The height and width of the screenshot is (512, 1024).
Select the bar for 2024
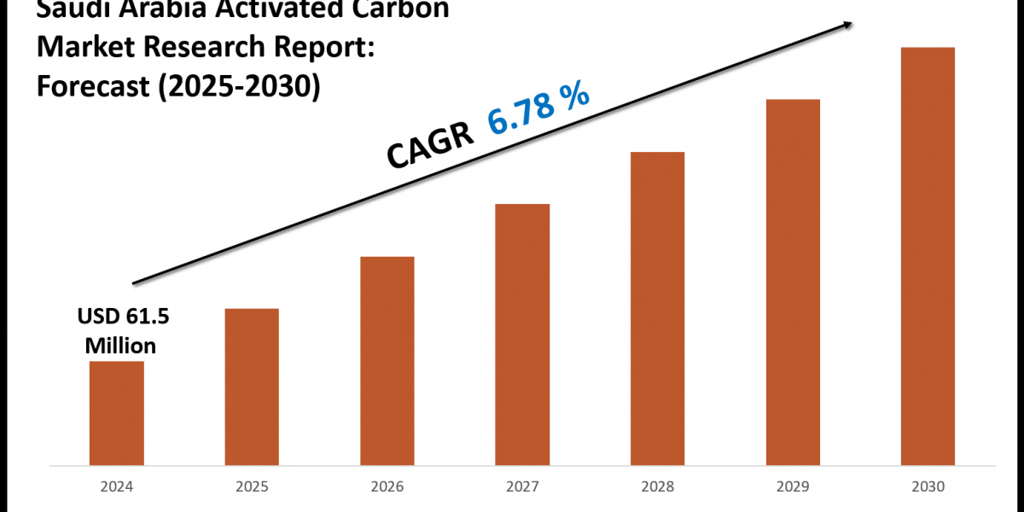tap(116, 413)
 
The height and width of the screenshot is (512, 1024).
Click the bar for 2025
tap(252, 387)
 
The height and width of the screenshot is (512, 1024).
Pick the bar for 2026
tap(387, 360)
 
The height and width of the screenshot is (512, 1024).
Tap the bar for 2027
tap(522, 335)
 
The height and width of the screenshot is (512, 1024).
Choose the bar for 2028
tap(657, 308)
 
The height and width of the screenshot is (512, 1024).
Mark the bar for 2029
tap(793, 282)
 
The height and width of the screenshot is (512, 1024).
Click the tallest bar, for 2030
tap(928, 256)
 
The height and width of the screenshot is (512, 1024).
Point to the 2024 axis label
tap(116, 487)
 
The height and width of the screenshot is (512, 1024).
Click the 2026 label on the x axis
tap(387, 487)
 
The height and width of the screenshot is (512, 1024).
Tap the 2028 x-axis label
tap(657, 487)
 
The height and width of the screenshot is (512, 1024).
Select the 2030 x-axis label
tap(928, 487)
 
